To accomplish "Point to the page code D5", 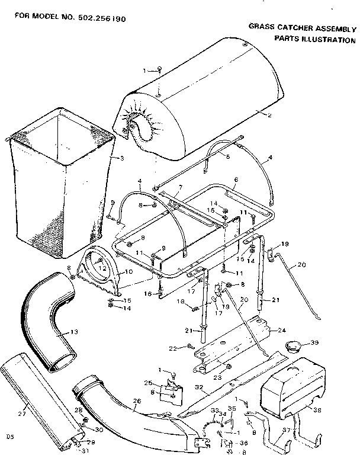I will (9, 437).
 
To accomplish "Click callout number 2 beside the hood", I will (269, 114).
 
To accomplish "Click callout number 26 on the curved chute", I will (137, 401).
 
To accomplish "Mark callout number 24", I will (282, 330).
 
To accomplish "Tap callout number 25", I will (149, 383).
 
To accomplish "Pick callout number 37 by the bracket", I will (287, 430).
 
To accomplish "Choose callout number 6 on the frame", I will (236, 179).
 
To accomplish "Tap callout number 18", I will (180, 302).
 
